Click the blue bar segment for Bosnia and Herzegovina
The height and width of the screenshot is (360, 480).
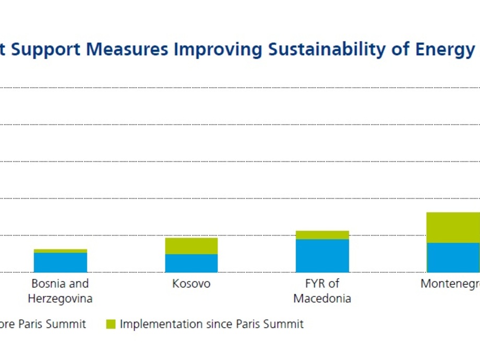pyautogui.click(x=61, y=262)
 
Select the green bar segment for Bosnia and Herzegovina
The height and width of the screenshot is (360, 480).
pyautogui.click(x=61, y=251)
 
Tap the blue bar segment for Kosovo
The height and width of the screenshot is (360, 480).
pyautogui.click(x=191, y=263)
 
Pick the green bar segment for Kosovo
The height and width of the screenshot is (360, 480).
pyautogui.click(x=191, y=246)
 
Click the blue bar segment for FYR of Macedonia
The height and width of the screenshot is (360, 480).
pyautogui.click(x=322, y=256)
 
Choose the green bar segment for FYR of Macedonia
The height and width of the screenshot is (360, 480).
pyautogui.click(x=322, y=235)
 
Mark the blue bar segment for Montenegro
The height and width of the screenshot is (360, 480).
pyautogui.click(x=453, y=257)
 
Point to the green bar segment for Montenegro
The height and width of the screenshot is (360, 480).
pyautogui.click(x=453, y=227)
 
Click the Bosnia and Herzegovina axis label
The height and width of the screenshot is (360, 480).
pyautogui.click(x=60, y=291)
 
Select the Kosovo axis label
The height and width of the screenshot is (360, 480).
pyautogui.click(x=191, y=284)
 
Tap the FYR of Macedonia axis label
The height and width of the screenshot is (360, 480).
pyautogui.click(x=322, y=291)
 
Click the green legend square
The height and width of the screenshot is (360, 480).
pyautogui.click(x=111, y=324)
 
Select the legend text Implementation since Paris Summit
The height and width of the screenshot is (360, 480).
pyautogui.click(x=211, y=324)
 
